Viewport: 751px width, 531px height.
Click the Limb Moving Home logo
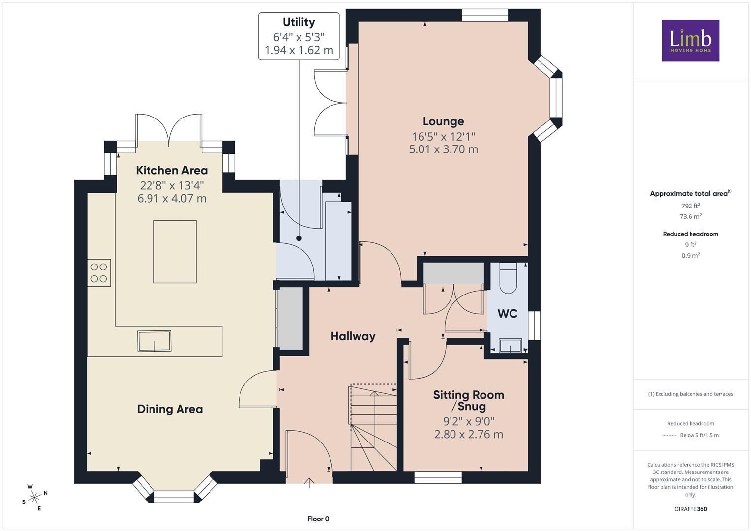pyautogui.click(x=691, y=40)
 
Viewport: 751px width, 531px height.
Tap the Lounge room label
pyautogui.click(x=443, y=121)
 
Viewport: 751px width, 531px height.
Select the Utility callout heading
pyautogui.click(x=299, y=22)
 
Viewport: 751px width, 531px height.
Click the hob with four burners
pyautogui.click(x=99, y=272)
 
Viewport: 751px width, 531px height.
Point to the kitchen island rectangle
pyautogui.click(x=175, y=252)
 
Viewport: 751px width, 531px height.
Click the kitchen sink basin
pyautogui.click(x=154, y=341)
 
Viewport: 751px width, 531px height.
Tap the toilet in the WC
pyautogui.click(x=508, y=278)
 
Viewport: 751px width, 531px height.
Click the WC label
pyautogui.click(x=507, y=314)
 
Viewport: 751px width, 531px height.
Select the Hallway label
pyautogui.click(x=353, y=336)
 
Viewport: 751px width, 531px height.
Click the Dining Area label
pyautogui.click(x=170, y=409)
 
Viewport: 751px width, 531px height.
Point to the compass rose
pyautogui.click(x=34, y=498)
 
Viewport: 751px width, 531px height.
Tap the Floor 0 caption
pyautogui.click(x=318, y=519)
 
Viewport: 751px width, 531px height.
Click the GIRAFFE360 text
pyautogui.click(x=691, y=509)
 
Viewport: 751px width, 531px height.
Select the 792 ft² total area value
pyautogui.click(x=691, y=206)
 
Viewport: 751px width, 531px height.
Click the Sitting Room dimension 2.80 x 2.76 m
pyautogui.click(x=469, y=435)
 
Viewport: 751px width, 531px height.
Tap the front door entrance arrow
pyautogui.click(x=309, y=482)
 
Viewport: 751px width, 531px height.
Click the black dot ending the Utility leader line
pyautogui.click(x=299, y=238)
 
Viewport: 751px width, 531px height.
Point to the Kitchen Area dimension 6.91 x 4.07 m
pyautogui.click(x=172, y=199)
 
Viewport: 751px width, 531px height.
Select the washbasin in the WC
pyautogui.click(x=510, y=346)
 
